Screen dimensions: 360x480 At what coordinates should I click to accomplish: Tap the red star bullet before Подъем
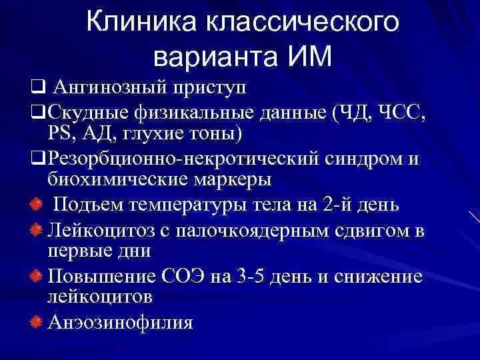click(x=37, y=203)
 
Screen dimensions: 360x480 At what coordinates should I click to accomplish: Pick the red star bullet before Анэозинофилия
click(x=37, y=323)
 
